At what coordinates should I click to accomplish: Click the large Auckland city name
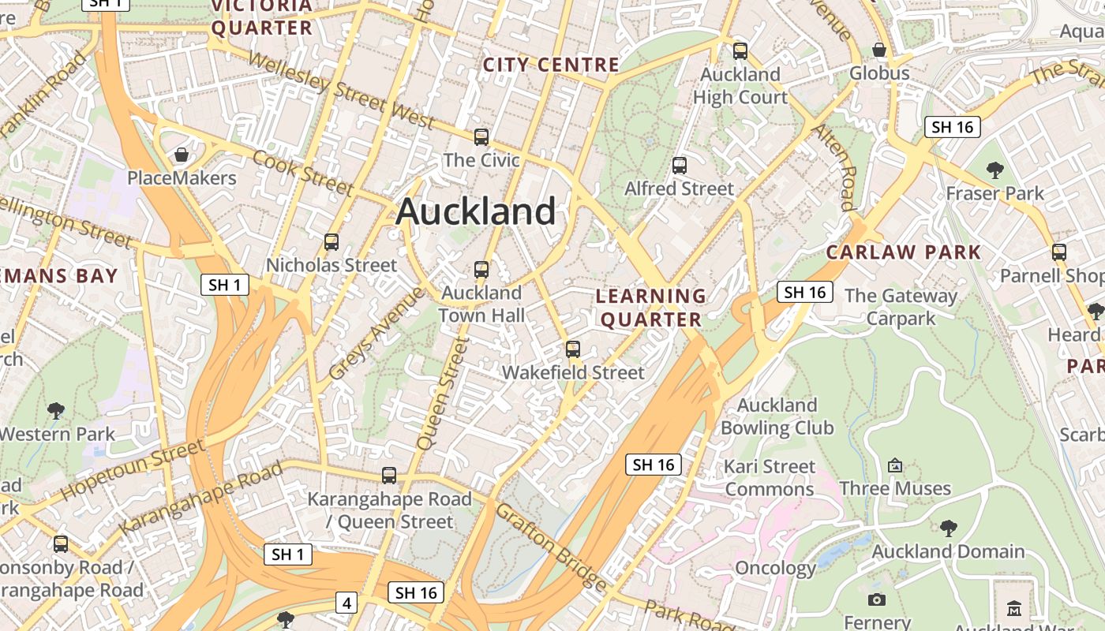pos(476,211)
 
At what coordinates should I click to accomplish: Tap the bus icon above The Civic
pos(481,137)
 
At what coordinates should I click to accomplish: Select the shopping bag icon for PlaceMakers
pos(182,155)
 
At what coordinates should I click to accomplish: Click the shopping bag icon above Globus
pos(879,50)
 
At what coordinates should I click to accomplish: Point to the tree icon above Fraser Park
pos(995,170)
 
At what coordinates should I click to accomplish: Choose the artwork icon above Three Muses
pos(895,465)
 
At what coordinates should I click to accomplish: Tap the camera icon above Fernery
pos(877,600)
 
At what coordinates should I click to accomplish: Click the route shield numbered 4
pos(346,603)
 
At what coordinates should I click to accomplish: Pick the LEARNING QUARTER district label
pos(650,308)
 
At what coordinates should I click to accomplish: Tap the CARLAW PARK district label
pos(903,252)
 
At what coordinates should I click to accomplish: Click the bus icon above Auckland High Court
pos(740,51)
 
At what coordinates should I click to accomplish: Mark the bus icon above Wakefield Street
pos(573,349)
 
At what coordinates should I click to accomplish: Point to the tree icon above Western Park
pos(56,410)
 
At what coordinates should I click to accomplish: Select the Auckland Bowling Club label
pos(777,416)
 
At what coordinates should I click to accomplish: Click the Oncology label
pos(775,568)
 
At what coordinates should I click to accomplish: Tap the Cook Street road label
pos(302,171)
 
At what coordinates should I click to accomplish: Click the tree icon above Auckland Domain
pos(948,528)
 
